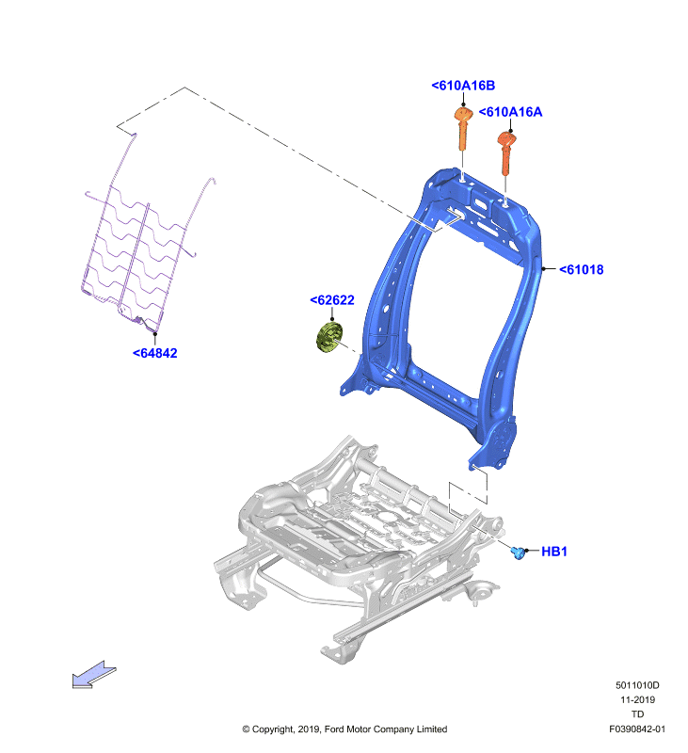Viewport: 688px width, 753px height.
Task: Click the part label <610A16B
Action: pos(463,86)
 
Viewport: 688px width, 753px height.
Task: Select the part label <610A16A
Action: pos(510,112)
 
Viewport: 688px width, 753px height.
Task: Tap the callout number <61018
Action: pos(581,270)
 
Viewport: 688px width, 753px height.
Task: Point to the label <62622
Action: pos(332,300)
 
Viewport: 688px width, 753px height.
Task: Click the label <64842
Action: pos(155,354)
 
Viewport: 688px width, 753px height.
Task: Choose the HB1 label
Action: pos(554,552)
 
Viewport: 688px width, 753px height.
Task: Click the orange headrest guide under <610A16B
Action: pos(463,129)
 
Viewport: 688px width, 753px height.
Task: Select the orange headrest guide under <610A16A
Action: pos(506,153)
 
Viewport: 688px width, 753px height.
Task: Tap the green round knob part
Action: pos(329,338)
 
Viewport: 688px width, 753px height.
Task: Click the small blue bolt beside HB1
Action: pos(517,553)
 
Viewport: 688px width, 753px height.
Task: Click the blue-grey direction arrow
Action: pos(93,675)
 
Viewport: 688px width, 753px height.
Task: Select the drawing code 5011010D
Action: pos(637,685)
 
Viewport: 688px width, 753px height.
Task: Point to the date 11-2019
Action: pos(637,699)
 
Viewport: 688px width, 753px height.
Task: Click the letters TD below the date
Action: pos(637,714)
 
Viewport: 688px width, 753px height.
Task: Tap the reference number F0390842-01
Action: pos(637,729)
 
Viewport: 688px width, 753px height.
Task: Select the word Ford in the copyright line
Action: pos(334,729)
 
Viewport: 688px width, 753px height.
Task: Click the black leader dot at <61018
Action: pos(543,269)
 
